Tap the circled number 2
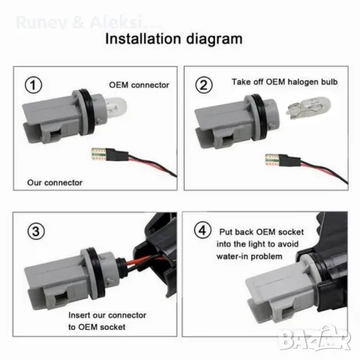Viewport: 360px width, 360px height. pos(202,84)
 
